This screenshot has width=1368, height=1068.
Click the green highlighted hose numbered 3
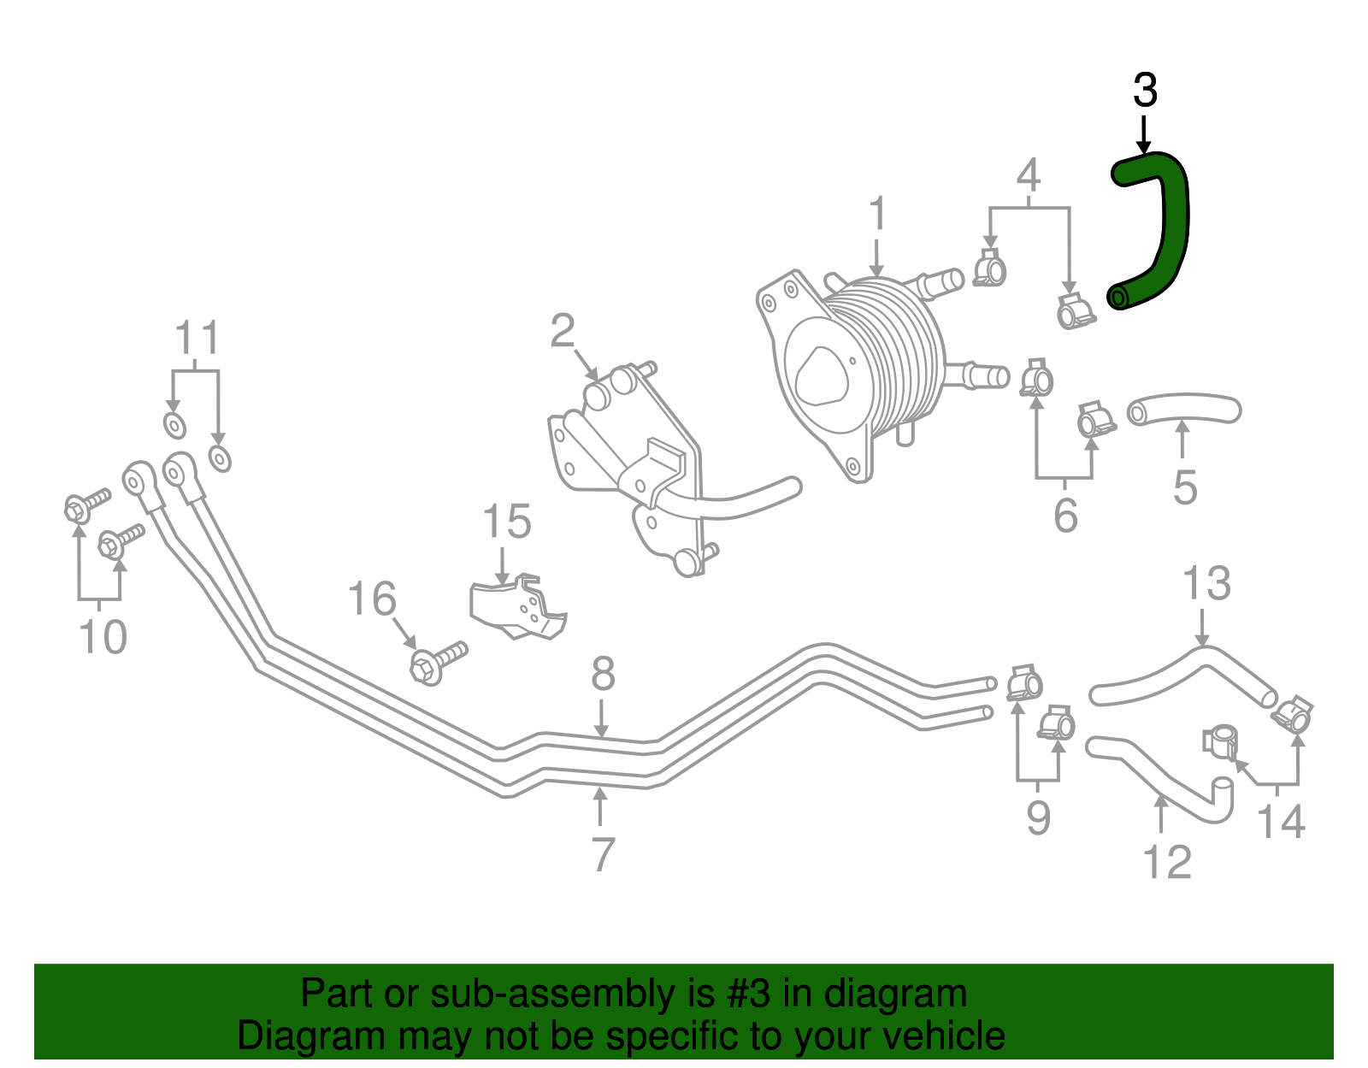1170,222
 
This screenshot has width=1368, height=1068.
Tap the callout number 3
1145,91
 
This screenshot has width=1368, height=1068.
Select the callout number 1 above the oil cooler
877,214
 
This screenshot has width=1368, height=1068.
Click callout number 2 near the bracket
562,331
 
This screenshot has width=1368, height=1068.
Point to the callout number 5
1184,488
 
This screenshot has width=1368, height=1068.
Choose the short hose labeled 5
1184,409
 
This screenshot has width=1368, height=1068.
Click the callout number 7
603,854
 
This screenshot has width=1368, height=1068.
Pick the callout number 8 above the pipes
603,675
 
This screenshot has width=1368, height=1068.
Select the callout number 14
1281,822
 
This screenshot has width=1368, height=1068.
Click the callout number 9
1037,818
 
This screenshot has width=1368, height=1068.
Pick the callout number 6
1064,516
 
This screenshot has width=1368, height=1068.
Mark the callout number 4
1028,175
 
